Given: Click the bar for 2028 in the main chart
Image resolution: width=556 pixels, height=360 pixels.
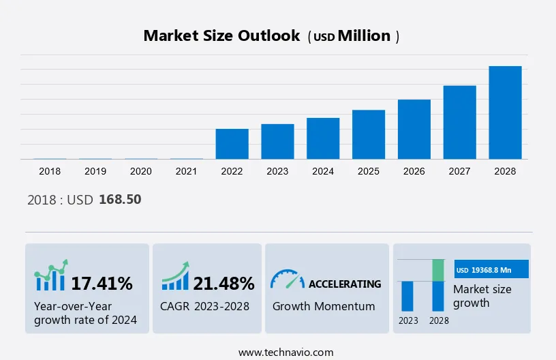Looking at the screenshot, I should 505,112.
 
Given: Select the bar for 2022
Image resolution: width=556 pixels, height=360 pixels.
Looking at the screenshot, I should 232,144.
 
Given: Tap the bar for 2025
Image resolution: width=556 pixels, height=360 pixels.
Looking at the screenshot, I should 369,134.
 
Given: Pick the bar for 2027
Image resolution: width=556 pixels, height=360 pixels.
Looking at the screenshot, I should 459,122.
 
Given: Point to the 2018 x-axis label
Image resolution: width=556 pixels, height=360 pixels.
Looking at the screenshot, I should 50,171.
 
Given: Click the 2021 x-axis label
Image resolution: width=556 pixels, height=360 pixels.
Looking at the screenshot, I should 186,171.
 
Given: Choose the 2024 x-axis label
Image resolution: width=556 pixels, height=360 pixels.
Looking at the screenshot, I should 323,171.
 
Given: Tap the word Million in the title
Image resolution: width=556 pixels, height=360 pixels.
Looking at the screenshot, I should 365,36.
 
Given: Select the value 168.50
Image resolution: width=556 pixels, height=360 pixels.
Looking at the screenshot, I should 120,200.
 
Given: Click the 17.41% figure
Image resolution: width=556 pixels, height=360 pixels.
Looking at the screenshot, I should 102,283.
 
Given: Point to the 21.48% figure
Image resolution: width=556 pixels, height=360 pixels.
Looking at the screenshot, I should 223,283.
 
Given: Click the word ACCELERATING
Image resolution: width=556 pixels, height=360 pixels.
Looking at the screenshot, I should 345,284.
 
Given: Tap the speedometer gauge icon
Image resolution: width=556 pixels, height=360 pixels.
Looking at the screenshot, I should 287,279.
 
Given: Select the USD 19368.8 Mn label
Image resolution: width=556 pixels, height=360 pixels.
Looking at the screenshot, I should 491,270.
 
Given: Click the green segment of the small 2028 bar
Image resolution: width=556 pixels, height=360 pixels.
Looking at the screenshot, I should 438,270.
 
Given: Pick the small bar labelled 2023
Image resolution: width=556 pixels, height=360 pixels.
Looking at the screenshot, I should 407,296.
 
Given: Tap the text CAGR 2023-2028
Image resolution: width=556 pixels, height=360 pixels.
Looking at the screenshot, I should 205,306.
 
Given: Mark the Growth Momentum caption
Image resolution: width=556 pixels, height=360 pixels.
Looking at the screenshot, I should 324,306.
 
